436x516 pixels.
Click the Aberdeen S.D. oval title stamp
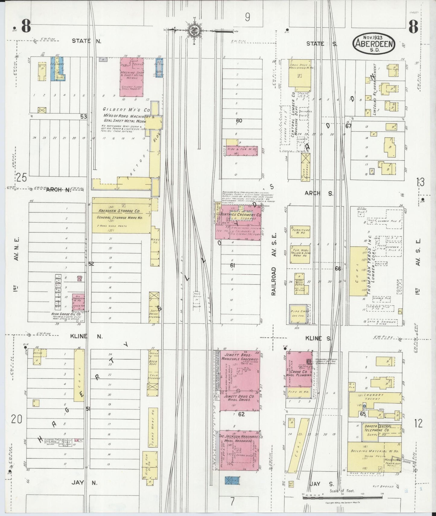374,44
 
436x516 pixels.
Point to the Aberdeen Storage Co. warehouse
121,215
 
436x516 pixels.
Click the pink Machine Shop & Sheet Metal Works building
132,77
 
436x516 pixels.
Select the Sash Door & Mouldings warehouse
301,74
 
